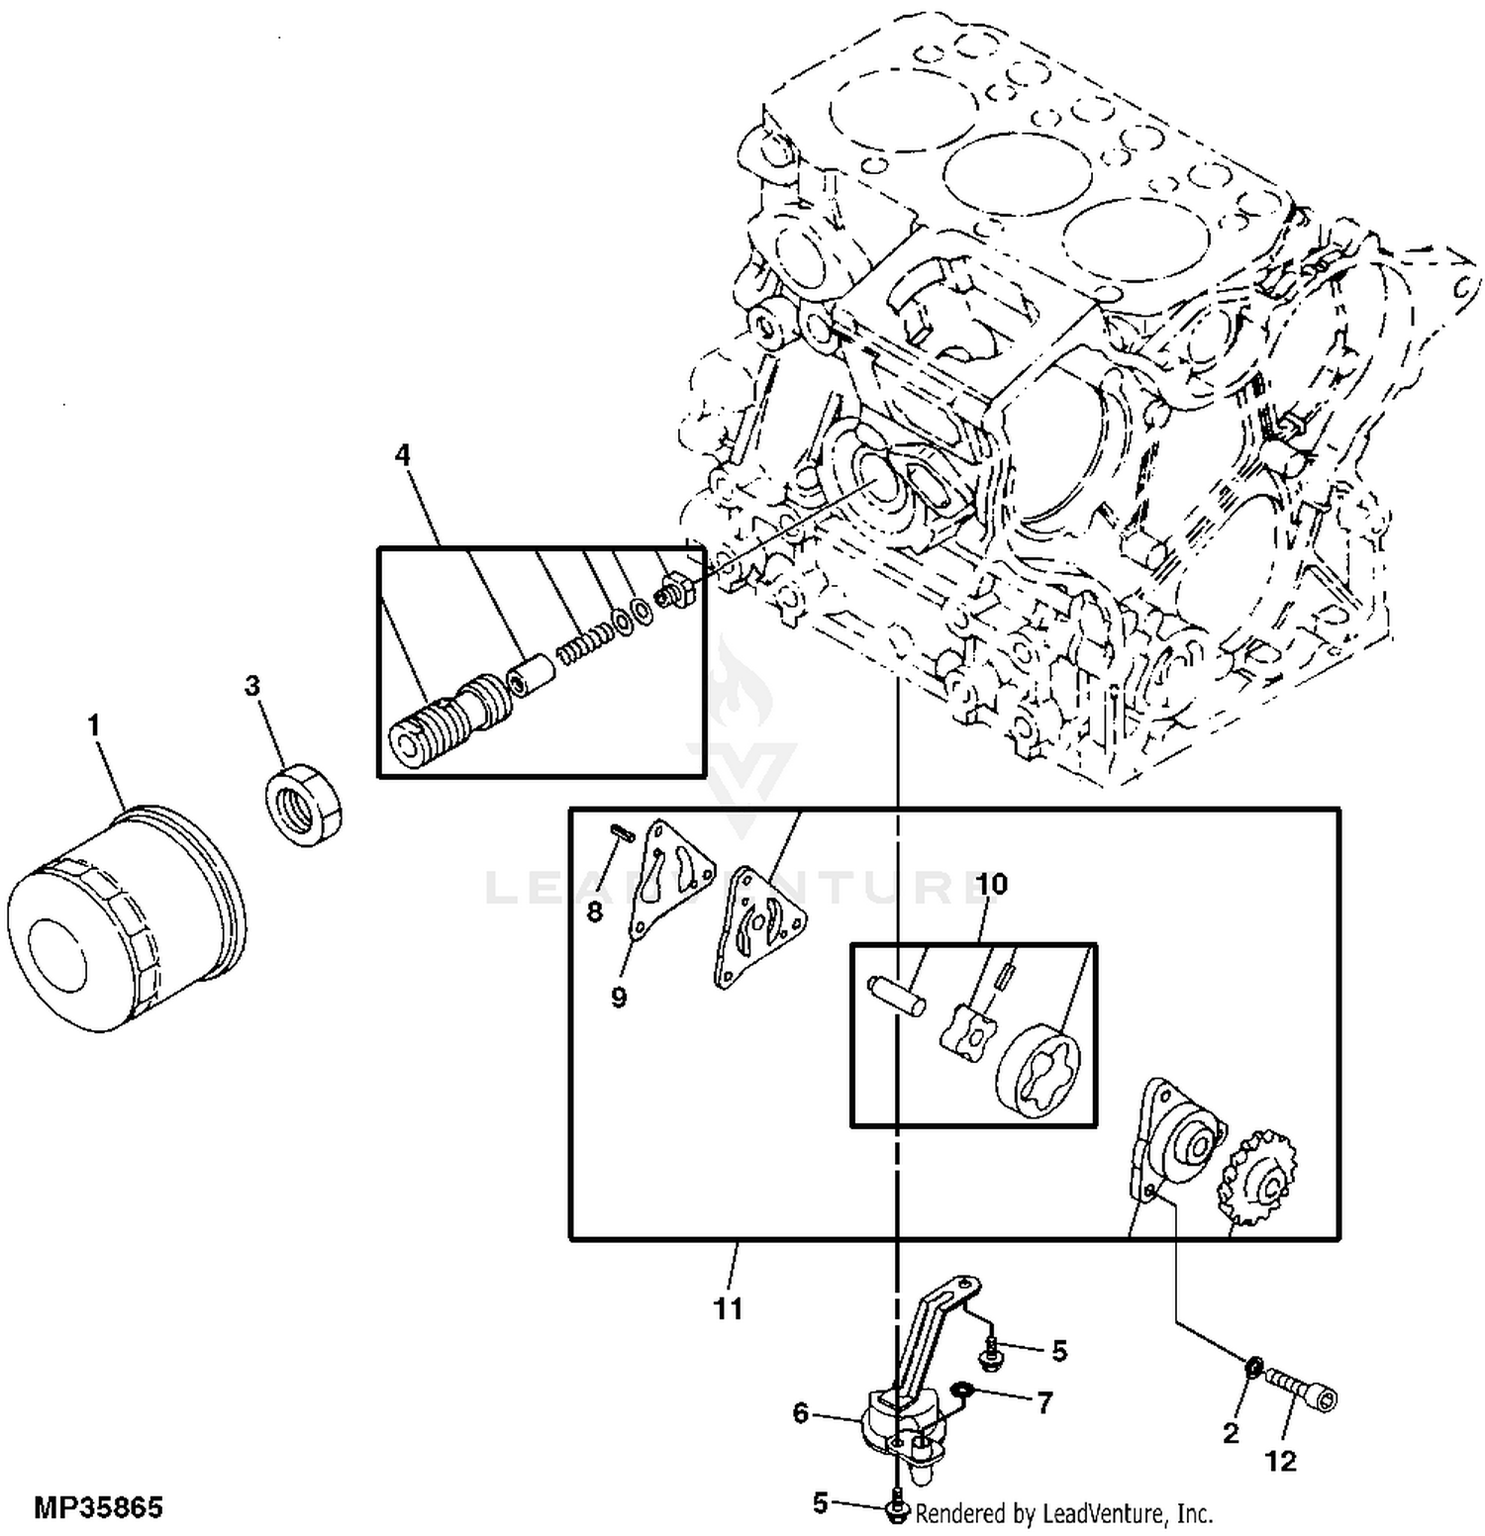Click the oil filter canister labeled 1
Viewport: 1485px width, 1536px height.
coord(127,918)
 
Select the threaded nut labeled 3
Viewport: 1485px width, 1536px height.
coord(305,804)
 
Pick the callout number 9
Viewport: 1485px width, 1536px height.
coord(619,997)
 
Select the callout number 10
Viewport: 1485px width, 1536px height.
coord(991,884)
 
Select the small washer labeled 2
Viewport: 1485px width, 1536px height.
coord(1252,1369)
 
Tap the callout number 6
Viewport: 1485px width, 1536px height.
coord(801,1413)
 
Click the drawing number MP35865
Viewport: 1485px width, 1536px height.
coord(98,1508)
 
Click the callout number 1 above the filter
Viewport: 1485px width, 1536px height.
coord(94,726)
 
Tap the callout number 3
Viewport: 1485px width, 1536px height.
coord(252,685)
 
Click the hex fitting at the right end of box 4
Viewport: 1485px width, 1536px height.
coord(676,592)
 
